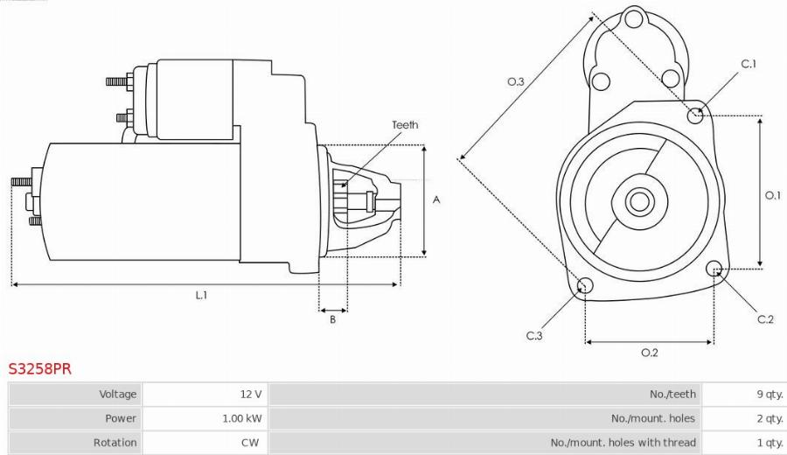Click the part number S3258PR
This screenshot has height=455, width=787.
tap(40, 369)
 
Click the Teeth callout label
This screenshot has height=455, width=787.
tap(405, 125)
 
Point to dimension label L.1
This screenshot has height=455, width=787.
tap(201, 296)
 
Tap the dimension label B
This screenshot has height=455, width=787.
tap(333, 320)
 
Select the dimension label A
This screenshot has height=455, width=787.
tap(436, 200)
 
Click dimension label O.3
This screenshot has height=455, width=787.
tap(516, 82)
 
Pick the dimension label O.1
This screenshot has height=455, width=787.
tap(772, 195)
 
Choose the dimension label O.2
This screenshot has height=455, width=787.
tap(649, 353)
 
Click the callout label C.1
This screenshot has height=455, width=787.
tap(749, 64)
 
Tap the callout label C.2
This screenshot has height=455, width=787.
tap(765, 319)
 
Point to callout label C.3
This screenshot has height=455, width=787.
tap(534, 336)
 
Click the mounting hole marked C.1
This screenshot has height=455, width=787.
tap(697, 114)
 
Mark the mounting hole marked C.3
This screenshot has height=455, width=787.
tap(586, 285)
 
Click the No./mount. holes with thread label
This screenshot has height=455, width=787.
tap(623, 443)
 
